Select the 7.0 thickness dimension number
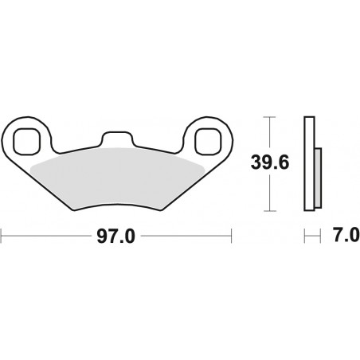coord(342,237)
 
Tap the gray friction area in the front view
coord(117,179)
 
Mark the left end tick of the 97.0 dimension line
coord(2,237)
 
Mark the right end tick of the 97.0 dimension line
coord(231,237)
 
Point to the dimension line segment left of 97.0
coord(48,237)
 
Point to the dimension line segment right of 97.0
coord(183,237)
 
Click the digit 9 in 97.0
coord(100,237)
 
